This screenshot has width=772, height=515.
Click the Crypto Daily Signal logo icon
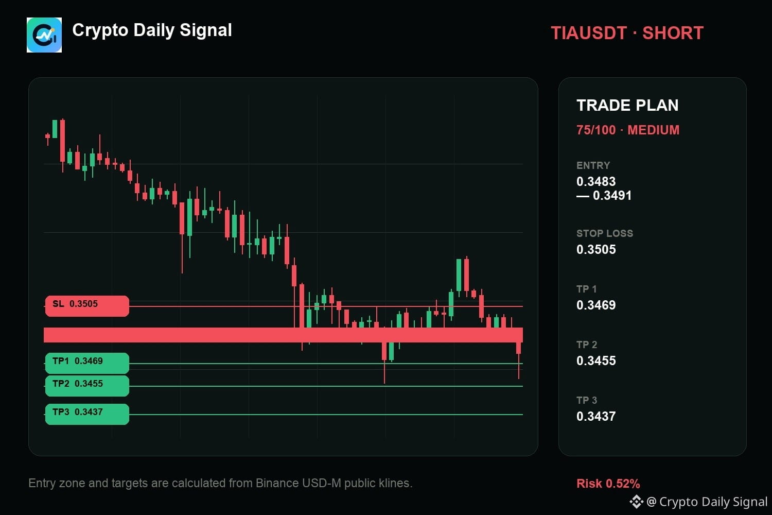point(44,35)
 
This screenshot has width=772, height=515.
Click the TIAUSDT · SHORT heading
point(627,33)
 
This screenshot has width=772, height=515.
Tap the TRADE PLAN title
point(627,105)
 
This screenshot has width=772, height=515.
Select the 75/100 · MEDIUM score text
point(628,130)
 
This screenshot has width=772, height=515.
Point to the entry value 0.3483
point(596,181)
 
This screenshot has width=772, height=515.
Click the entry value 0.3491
point(612,196)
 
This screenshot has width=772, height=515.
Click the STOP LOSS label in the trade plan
point(605,233)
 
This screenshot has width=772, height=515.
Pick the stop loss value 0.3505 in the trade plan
point(596,249)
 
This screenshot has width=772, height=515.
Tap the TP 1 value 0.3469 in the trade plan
point(596,305)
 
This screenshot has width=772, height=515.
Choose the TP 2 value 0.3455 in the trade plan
point(596,360)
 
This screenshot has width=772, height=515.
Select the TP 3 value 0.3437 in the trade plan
point(596,416)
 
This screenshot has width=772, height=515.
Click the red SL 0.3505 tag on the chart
point(87,306)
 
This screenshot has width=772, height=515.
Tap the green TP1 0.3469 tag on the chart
point(87,363)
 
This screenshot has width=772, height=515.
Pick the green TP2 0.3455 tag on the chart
point(87,386)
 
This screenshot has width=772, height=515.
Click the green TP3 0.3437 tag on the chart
point(87,414)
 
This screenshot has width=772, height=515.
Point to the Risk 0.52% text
point(608,484)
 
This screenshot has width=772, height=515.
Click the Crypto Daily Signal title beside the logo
point(152,30)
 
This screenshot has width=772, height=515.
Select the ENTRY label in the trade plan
point(593,165)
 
